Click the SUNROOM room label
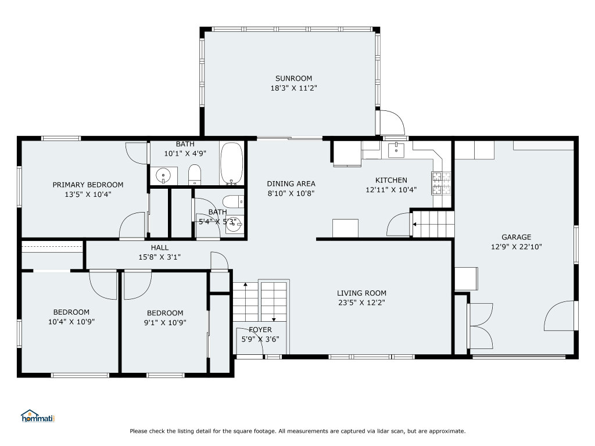(293, 78)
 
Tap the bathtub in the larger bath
(231, 163)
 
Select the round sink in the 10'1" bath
(163, 176)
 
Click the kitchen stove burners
(441, 183)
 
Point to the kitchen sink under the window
(396, 150)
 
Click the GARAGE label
(517, 238)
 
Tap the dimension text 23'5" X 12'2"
(361, 303)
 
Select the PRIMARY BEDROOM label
(88, 185)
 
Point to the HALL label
(160, 247)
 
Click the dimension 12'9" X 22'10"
(517, 247)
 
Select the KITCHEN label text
(391, 181)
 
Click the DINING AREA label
(291, 184)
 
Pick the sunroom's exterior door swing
(392, 123)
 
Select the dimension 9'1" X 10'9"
(165, 323)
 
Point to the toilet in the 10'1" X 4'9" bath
(195, 175)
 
